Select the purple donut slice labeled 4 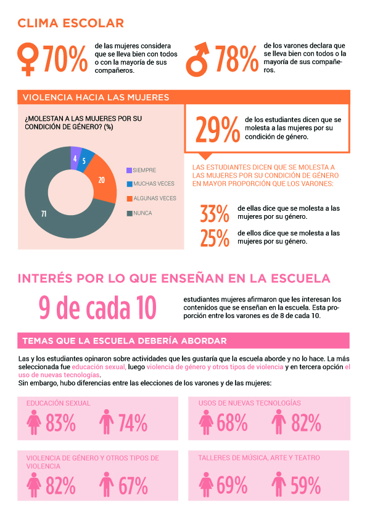tap(75, 155)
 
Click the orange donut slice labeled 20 tap(102, 180)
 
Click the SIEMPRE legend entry tap(141, 170)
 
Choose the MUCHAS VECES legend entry tap(151, 184)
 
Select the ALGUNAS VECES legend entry tap(152, 198)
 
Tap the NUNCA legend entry tap(139, 213)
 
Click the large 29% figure tap(218, 129)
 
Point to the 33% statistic tap(215, 213)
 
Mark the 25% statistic tap(215, 238)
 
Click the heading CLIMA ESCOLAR tap(70, 23)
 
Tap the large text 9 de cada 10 tap(97, 307)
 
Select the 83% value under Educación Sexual tap(60, 423)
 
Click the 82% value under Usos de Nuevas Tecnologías tap(306, 423)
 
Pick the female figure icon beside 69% tap(206, 484)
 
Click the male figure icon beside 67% tap(106, 484)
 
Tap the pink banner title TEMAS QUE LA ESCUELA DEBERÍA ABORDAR tap(125, 341)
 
